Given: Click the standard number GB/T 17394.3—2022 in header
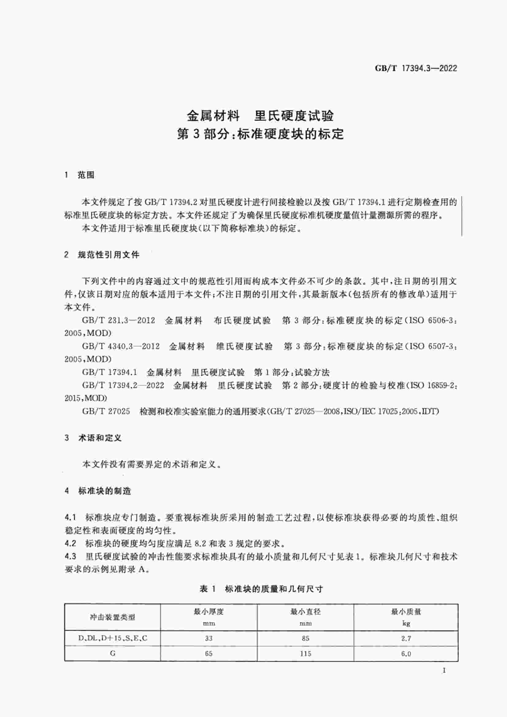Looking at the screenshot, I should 416,68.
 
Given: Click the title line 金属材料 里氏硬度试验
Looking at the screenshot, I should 260,116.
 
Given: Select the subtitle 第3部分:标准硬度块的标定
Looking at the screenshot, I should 260,134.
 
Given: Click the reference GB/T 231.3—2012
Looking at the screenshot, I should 118,320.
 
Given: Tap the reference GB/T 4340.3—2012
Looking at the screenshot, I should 121,346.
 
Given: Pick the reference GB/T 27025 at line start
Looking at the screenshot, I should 106,411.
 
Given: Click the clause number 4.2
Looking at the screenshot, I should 70,543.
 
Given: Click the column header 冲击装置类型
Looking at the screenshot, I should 113,617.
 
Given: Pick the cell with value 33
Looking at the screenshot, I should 209,638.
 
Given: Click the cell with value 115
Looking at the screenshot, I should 305,654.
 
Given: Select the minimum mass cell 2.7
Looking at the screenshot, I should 406,639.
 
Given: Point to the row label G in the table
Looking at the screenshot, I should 113,653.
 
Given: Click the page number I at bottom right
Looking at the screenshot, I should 444,670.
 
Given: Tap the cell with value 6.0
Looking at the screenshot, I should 406,654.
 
